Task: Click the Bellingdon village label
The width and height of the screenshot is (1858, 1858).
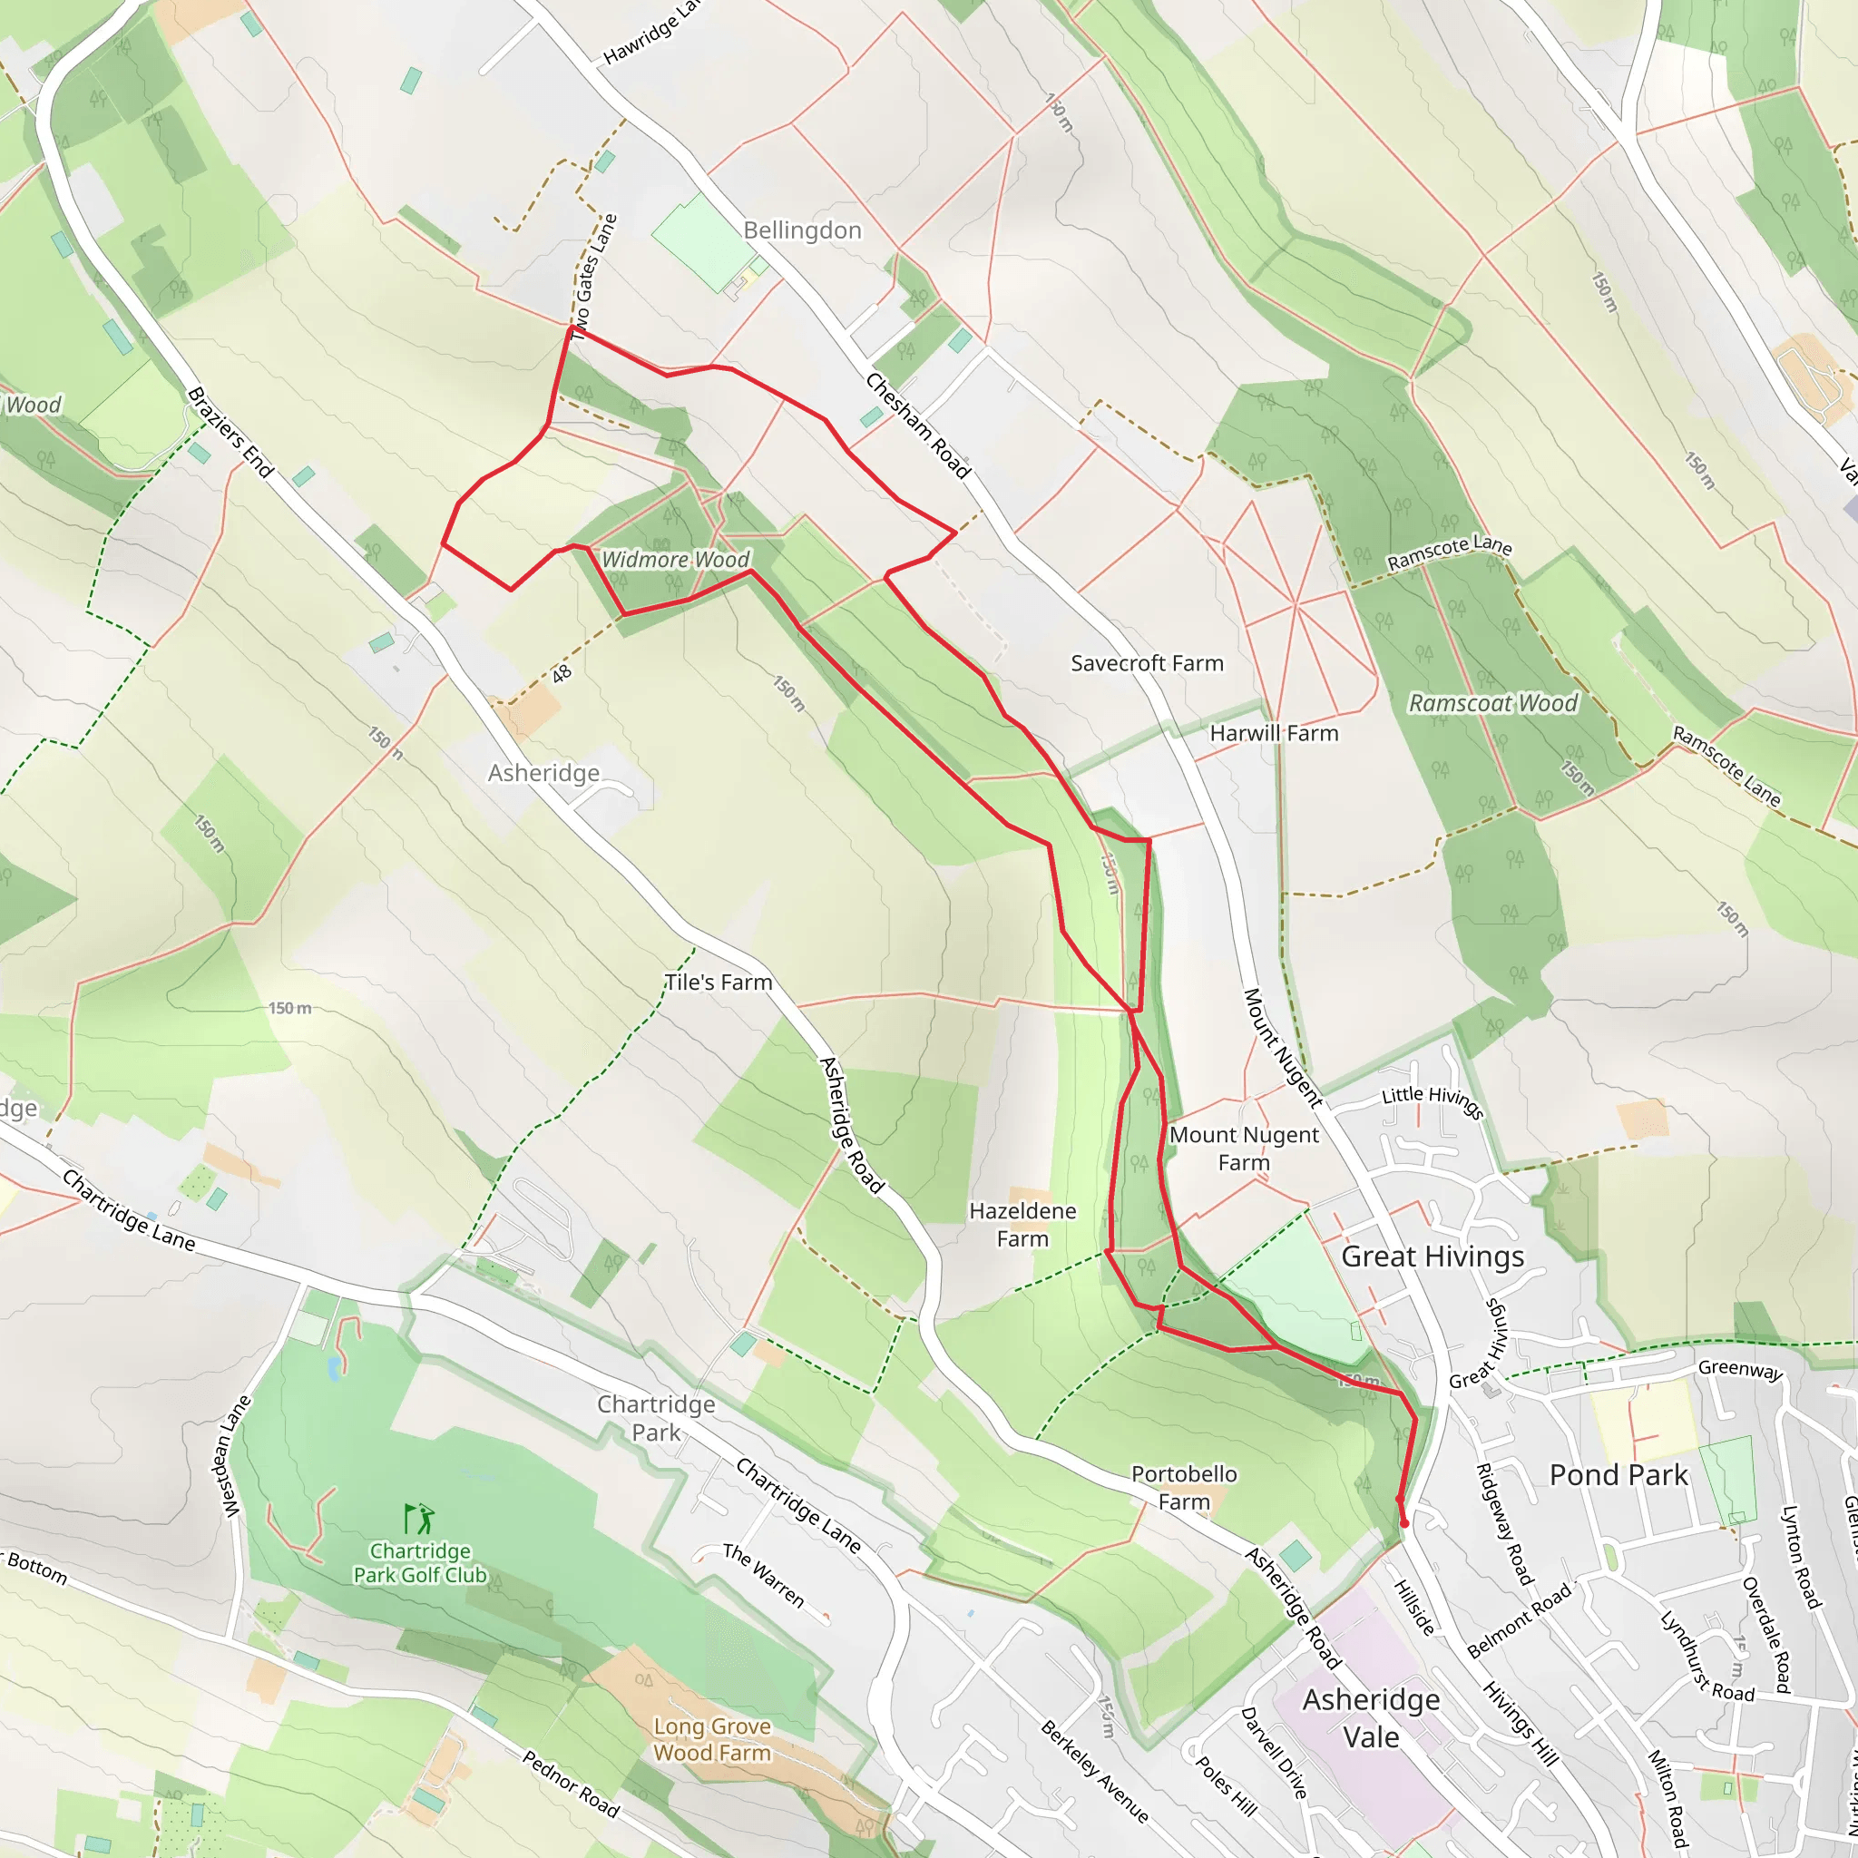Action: (x=802, y=230)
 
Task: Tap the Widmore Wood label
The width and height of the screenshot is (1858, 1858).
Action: (x=675, y=560)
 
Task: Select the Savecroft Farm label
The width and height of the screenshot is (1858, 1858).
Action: (x=1147, y=663)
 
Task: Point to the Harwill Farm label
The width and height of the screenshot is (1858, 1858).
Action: (x=1273, y=734)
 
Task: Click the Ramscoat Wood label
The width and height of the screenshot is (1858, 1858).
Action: (x=1492, y=704)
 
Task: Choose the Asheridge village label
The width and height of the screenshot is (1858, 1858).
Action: (x=543, y=773)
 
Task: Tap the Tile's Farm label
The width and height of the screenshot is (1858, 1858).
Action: (x=719, y=983)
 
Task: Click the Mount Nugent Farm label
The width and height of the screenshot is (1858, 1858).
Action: (x=1244, y=1149)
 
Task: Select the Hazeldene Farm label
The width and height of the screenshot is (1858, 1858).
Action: (x=1022, y=1224)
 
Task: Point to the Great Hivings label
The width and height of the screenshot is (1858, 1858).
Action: (x=1432, y=1257)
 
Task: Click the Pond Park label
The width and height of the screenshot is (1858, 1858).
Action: (x=1618, y=1475)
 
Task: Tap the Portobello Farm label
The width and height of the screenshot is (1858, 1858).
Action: (x=1184, y=1488)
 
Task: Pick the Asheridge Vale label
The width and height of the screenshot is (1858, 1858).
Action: (x=1372, y=1718)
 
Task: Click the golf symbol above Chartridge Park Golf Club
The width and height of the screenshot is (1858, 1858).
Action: (x=419, y=1520)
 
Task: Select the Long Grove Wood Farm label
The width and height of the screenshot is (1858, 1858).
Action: (x=711, y=1740)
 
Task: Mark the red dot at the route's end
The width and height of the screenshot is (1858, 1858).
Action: (x=1404, y=1524)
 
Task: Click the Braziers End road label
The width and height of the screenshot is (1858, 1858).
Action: (x=230, y=433)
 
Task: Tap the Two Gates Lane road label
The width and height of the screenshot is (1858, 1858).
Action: (x=593, y=274)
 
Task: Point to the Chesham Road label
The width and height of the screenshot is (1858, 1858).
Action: (x=917, y=426)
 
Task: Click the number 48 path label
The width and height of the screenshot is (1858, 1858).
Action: (x=562, y=674)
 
